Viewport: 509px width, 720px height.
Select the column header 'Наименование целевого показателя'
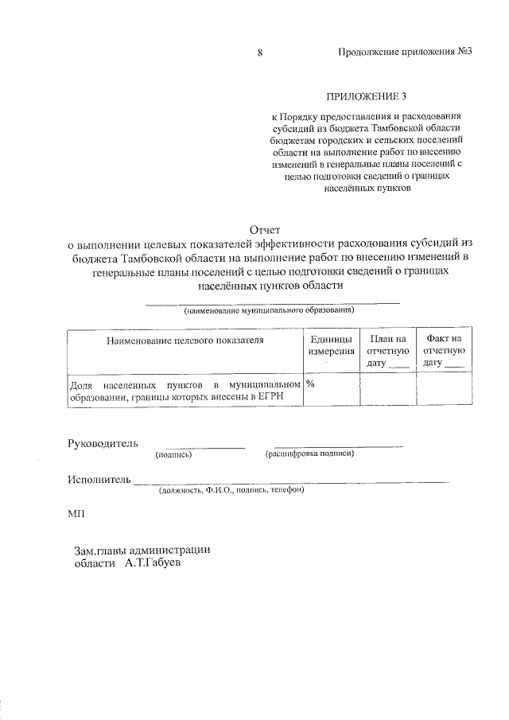click(184, 340)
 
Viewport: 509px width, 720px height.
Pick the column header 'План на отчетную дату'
click(388, 351)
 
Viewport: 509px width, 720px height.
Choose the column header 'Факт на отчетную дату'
click(444, 351)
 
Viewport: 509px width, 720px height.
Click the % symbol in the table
click(311, 383)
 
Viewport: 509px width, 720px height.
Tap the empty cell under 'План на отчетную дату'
click(388, 390)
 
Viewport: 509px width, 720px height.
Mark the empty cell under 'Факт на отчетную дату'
click(444, 390)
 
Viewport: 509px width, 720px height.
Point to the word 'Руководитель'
click(103, 443)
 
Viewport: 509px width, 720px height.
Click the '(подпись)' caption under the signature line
click(174, 454)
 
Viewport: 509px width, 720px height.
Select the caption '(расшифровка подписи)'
click(309, 454)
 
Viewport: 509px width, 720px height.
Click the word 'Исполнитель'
click(99, 480)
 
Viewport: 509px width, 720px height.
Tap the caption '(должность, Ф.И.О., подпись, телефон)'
click(231, 491)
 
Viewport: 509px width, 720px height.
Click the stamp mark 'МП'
click(76, 516)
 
